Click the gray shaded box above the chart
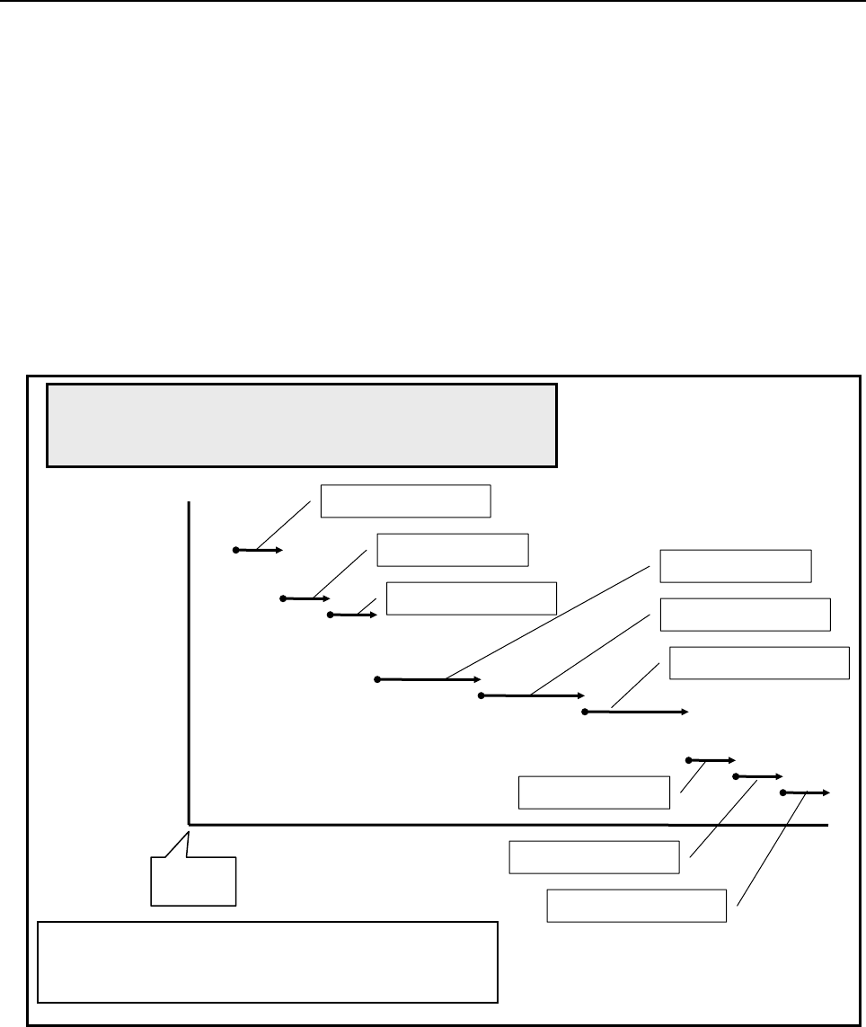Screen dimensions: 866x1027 [301, 425]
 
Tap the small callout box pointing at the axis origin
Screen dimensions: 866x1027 [193, 881]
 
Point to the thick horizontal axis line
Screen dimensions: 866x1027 [503, 823]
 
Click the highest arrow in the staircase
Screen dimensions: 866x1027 [259, 549]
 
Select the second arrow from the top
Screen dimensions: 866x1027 [305, 598]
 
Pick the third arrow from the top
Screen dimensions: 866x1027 [353, 615]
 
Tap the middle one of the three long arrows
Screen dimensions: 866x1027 [532, 695]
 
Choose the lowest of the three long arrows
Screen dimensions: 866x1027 [635, 712]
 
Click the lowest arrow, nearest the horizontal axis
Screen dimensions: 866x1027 [806, 792]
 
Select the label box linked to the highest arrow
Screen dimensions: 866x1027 [406, 501]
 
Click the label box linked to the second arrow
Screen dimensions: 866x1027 [452, 550]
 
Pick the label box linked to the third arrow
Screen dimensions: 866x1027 [471, 598]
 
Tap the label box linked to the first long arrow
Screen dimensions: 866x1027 [735, 566]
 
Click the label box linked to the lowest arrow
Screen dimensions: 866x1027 [636, 906]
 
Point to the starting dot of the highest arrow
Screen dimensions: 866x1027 [235, 549]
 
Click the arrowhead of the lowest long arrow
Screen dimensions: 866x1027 [685, 712]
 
